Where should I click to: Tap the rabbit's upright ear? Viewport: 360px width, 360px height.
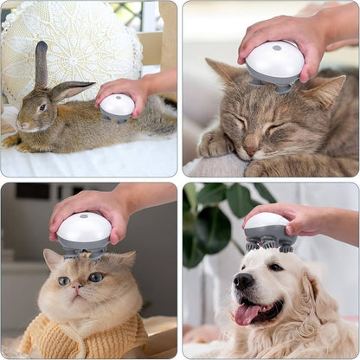pos(41,64)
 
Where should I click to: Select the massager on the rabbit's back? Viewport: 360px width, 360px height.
pos(117,107)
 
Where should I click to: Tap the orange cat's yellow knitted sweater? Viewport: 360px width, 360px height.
pos(87,337)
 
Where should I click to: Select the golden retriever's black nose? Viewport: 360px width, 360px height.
pos(244,281)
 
